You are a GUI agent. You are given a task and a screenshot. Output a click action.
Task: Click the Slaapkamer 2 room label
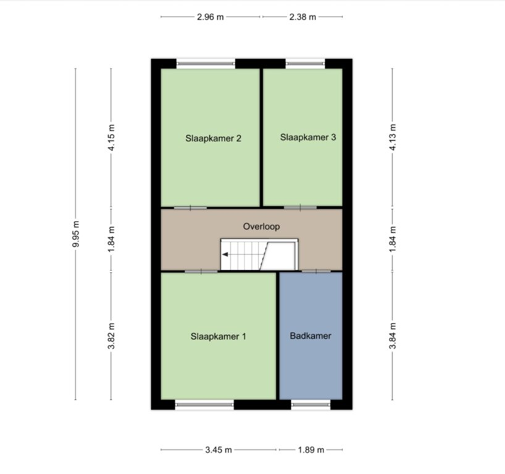click(x=213, y=138)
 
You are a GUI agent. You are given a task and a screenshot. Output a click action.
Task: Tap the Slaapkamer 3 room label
click(x=307, y=138)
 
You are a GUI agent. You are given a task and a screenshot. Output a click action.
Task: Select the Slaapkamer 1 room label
click(x=218, y=336)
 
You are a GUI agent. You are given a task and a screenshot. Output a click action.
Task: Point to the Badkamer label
click(x=311, y=336)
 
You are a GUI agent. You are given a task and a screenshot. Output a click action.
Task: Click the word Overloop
click(x=261, y=227)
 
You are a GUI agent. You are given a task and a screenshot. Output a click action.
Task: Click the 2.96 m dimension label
click(x=210, y=17)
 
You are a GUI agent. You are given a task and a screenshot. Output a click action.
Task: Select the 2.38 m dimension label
click(x=303, y=17)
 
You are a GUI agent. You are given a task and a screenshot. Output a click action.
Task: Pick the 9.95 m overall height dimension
click(x=76, y=234)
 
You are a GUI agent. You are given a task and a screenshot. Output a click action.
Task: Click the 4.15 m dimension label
click(x=111, y=137)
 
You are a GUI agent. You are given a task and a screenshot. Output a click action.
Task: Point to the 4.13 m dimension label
click(x=392, y=137)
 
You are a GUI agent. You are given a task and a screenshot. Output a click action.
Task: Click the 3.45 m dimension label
click(x=219, y=450)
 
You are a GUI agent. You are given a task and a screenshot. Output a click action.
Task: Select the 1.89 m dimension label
click(x=311, y=450)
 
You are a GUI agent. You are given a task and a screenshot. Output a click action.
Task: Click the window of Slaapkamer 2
click(x=206, y=62)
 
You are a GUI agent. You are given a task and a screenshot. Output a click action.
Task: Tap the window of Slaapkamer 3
click(x=305, y=62)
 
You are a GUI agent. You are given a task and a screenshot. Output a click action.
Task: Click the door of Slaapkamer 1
click(x=201, y=271)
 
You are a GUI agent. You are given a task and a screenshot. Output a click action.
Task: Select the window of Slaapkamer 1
click(x=205, y=405)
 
